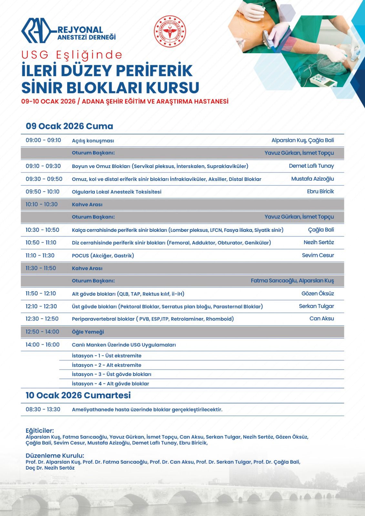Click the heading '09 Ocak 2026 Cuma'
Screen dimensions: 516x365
click(x=69, y=126)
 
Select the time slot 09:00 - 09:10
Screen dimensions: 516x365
click(x=43, y=140)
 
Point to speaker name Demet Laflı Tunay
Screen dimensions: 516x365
click(x=311, y=166)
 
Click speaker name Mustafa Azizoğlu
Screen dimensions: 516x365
click(x=312, y=179)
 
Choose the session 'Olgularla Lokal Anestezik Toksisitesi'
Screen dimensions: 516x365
click(x=117, y=192)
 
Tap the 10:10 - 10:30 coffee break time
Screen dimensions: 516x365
click(x=42, y=204)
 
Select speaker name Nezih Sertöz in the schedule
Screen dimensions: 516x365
click(x=319, y=242)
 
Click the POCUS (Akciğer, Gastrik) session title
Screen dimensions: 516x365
click(x=103, y=255)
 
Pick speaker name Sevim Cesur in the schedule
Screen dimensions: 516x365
click(x=318, y=255)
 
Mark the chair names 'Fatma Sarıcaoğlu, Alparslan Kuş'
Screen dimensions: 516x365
click(x=292, y=281)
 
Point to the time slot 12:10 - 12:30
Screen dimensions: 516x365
click(x=41, y=306)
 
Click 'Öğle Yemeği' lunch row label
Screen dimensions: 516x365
click(x=88, y=332)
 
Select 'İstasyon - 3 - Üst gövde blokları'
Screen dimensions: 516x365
click(x=111, y=374)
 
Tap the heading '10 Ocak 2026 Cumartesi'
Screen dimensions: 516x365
click(x=78, y=395)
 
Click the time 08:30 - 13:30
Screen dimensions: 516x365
click(x=43, y=410)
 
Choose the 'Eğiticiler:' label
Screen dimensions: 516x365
click(x=40, y=431)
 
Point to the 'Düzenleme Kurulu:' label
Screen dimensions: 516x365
click(x=55, y=456)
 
